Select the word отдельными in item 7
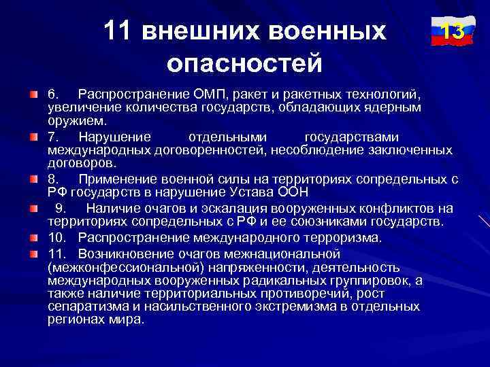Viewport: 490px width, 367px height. [228, 136]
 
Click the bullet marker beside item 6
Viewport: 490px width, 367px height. [33, 92]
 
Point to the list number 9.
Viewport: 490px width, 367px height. [59, 208]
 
